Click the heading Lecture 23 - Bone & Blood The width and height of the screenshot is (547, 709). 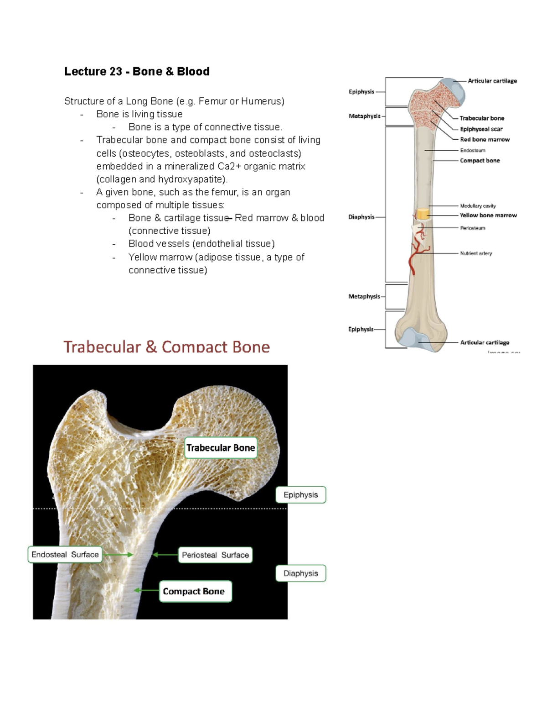137,72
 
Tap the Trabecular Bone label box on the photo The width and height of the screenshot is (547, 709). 221,448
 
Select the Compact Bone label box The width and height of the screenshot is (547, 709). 195,591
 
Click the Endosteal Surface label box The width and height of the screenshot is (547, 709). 65,555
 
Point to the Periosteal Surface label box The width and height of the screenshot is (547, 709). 215,555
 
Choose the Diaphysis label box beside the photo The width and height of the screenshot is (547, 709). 301,573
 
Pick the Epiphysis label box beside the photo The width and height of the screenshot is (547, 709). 301,495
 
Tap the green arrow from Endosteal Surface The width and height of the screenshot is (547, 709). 117,555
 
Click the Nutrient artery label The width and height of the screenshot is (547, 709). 476,253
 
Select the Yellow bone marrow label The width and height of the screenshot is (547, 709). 488,215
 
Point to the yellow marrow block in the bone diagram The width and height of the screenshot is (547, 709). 423,214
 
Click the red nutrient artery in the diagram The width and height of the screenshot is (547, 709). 414,256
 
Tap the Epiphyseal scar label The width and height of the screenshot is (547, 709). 481,129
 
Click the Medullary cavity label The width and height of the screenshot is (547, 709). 478,206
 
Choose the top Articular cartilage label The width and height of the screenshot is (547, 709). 492,81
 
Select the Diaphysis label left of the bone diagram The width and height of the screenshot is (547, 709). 361,217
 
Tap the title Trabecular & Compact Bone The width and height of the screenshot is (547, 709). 166,347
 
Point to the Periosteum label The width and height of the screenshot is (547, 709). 473,228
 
